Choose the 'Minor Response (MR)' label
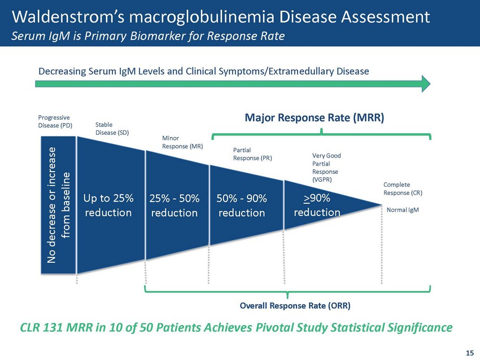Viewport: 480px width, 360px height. pos(182,142)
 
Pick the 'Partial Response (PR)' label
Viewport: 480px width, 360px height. pos(252,154)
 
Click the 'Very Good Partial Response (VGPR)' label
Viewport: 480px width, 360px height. pos(326,167)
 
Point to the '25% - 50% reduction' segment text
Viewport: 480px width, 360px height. pos(174,206)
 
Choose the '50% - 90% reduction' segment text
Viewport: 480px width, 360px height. pos(241,206)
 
